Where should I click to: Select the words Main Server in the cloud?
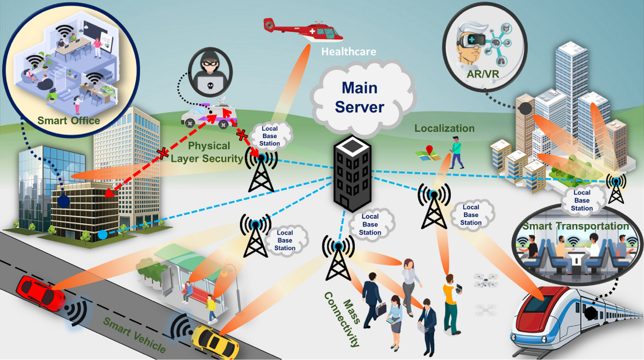360,97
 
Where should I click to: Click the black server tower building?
353,174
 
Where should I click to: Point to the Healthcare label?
349,52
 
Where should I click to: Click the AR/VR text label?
483,74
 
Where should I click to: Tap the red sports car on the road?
40,292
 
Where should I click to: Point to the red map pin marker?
429,150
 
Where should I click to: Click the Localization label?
444,129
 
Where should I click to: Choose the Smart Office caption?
68,121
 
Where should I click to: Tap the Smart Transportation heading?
575,226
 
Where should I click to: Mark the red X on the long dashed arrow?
163,153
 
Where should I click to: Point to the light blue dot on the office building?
103,234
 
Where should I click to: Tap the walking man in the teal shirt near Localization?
457,152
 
